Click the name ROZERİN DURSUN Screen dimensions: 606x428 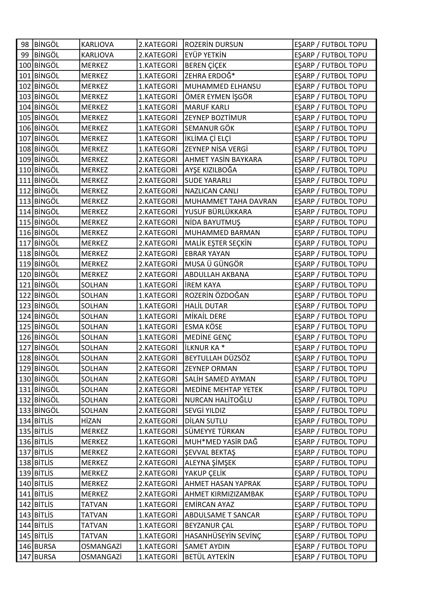point(214,45)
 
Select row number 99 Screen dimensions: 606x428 point(25,55)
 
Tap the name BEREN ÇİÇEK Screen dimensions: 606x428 point(205,66)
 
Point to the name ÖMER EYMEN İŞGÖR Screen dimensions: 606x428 point(218,97)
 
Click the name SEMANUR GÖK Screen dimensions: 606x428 point(210,128)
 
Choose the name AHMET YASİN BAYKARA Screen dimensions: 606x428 point(223,160)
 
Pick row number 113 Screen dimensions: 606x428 point(25,201)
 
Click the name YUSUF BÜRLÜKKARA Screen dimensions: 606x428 point(218,212)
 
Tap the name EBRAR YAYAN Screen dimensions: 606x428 point(207,254)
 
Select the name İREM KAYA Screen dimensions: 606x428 point(203,285)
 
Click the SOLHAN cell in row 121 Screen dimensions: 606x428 point(94,285)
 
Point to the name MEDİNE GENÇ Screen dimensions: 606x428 point(208,337)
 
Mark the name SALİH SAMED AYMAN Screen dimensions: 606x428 point(220,379)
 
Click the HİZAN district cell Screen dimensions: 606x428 point(91,421)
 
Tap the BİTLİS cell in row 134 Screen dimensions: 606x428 point(44,421)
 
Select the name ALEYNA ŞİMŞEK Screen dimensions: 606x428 point(210,463)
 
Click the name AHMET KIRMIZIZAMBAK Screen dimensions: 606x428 point(224,494)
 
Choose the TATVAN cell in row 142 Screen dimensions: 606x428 point(94,505)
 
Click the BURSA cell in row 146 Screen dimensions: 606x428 point(45,546)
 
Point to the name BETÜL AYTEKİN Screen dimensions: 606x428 point(210,557)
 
